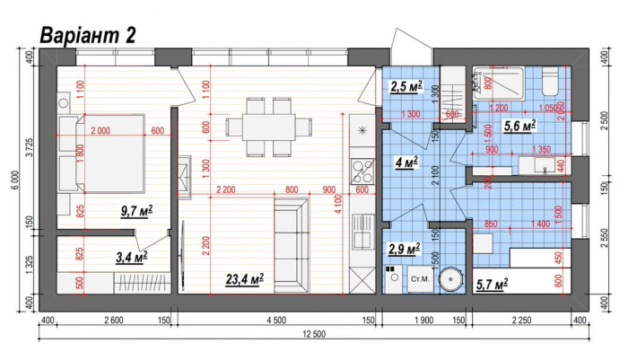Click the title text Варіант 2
click(87, 34)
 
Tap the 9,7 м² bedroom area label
click(136, 211)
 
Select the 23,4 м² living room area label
click(244, 280)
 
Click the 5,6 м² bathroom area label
click(519, 127)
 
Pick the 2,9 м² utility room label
click(405, 248)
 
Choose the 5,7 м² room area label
click(493, 285)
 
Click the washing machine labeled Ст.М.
click(419, 279)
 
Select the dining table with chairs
click(258, 127)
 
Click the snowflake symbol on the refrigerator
click(362, 132)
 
